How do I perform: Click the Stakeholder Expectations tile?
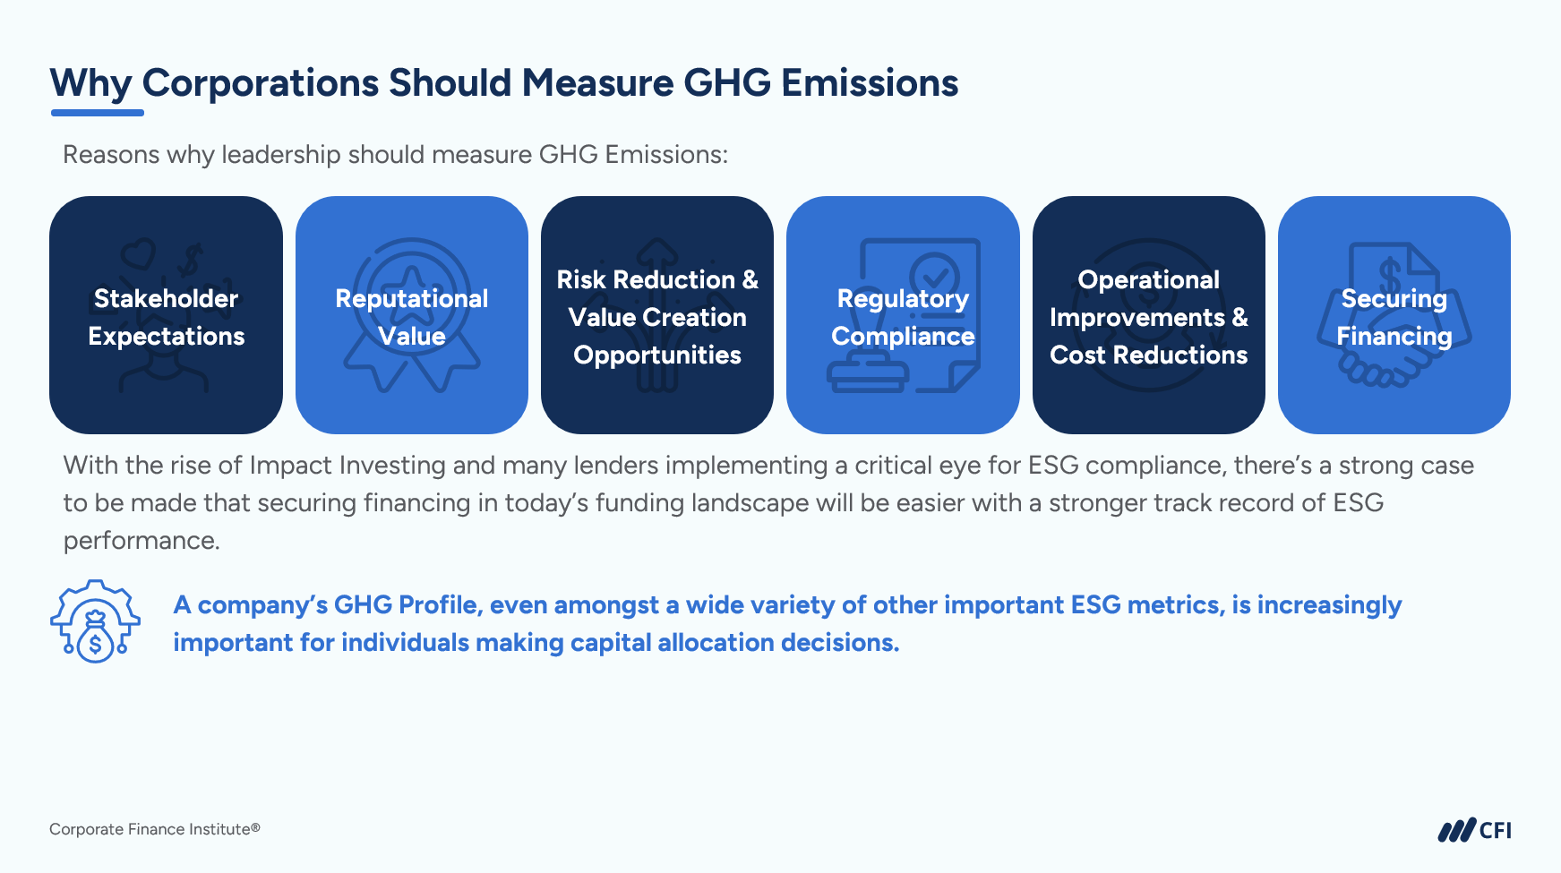point(166,315)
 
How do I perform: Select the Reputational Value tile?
point(412,315)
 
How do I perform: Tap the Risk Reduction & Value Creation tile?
point(657,315)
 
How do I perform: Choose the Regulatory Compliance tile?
point(903,315)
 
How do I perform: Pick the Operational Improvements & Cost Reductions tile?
point(1149,315)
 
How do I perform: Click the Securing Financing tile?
point(1394,315)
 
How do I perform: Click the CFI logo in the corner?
point(1474,830)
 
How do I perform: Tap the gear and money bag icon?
point(95,621)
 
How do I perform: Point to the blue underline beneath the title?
point(98,113)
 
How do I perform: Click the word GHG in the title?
point(727,83)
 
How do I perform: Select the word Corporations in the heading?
point(261,84)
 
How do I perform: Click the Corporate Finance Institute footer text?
point(155,829)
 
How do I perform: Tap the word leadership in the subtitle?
point(281,155)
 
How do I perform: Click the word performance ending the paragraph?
point(142,541)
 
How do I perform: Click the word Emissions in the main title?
point(870,83)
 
